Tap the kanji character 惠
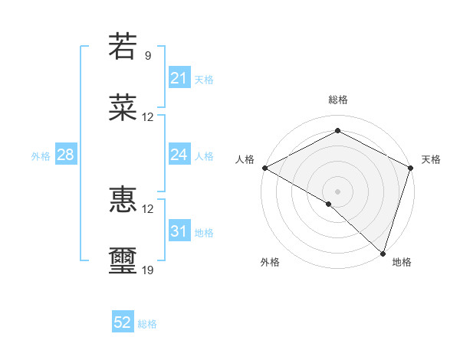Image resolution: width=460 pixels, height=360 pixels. point(123,200)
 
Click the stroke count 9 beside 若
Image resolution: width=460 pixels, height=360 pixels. point(147,56)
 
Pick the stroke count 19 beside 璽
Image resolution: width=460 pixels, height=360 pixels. point(148,270)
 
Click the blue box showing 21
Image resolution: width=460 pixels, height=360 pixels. point(179,78)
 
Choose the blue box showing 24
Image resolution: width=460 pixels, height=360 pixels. point(179,155)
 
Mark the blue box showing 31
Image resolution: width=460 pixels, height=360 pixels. point(179,231)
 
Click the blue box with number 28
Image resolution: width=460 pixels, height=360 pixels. point(65,155)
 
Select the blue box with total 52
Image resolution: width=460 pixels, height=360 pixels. point(123,322)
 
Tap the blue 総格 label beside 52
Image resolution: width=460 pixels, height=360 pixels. point(147,324)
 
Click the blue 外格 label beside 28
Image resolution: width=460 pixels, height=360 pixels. point(41,156)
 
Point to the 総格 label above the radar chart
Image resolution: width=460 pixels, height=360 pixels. point(337,100)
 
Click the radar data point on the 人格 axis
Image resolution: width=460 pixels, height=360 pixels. point(264,168)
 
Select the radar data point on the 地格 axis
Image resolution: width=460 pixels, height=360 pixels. point(383,253)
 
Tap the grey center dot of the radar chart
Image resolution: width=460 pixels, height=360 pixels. point(337,191)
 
